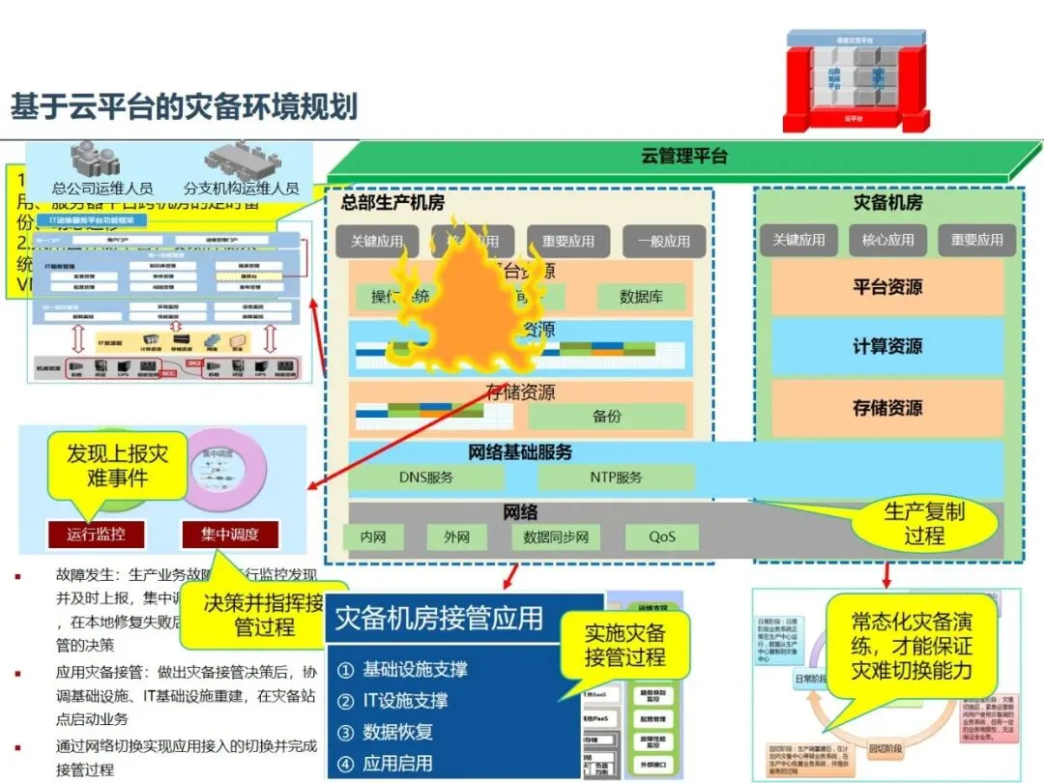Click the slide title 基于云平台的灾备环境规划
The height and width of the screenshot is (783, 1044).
184,106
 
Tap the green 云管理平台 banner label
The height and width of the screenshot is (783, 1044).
683,156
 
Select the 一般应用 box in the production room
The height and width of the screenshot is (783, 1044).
663,241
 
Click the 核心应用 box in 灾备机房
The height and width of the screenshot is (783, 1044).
887,240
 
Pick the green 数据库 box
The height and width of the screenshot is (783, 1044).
641,297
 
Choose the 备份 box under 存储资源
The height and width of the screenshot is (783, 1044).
607,417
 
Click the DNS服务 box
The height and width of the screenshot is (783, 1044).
426,478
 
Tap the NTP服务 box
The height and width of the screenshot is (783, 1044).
616,478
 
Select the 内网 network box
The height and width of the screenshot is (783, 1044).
373,537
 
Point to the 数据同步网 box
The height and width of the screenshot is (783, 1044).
556,537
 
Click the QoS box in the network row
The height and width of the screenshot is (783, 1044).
662,537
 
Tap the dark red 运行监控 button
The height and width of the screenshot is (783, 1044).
96,533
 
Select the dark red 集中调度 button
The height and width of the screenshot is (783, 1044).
229,533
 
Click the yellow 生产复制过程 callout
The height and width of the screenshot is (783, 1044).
924,523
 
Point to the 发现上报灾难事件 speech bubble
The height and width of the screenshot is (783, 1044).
116,465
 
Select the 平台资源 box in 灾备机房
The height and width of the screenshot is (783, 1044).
886,287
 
